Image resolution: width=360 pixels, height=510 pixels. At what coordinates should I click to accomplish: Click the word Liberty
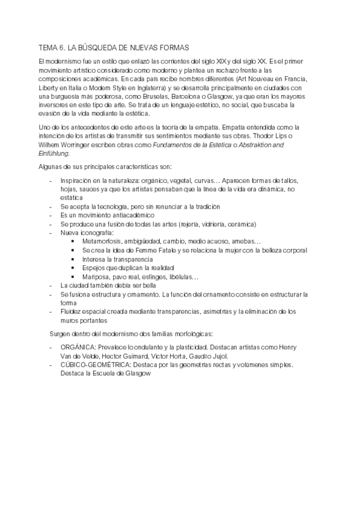(x=49, y=80)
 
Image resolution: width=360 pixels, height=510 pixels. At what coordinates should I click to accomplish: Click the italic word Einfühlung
(x=53, y=153)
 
